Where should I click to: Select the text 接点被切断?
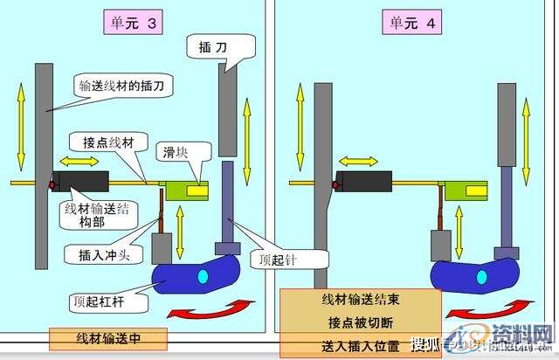point(360,320)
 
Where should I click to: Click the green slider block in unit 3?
point(185,187)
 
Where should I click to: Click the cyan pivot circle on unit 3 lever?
point(202,277)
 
